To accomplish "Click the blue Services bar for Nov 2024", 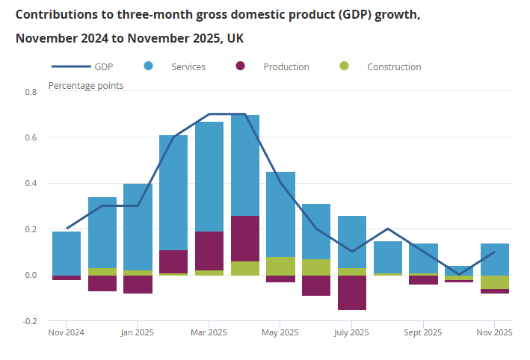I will (67, 253).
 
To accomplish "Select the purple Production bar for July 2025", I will (352, 292).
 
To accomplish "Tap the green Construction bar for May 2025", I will (280, 266).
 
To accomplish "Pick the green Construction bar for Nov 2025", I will (495, 282).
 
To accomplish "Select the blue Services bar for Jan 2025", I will (138, 227).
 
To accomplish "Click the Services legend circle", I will (148, 66).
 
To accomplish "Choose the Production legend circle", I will (241, 66).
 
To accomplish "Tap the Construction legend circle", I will (344, 66).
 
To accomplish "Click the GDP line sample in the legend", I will (68, 66).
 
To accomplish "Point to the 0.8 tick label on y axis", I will (31, 92).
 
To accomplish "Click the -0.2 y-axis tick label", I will (30, 321).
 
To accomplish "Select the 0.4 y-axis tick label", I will (31, 184).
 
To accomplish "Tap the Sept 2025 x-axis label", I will (422, 333).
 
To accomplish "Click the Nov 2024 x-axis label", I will (67, 333).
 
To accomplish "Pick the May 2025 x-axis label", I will (280, 333).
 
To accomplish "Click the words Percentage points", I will (86, 85).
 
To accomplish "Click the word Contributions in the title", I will (53, 14).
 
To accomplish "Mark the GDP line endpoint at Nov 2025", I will (495, 252).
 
